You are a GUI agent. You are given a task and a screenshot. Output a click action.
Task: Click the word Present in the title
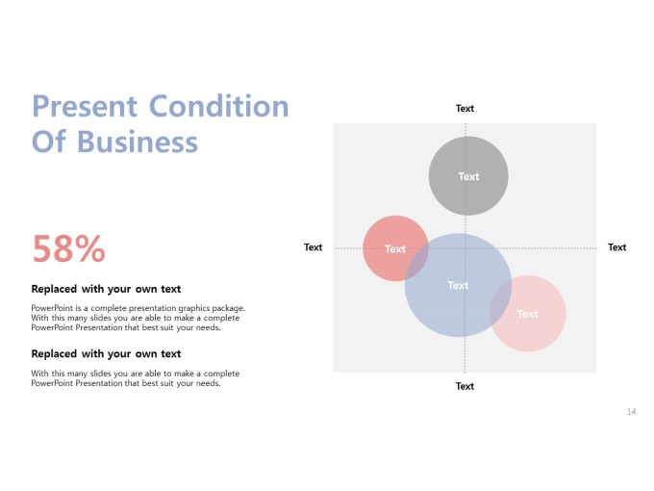[x=85, y=106]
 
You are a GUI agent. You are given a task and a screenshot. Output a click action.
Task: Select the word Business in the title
[x=138, y=142]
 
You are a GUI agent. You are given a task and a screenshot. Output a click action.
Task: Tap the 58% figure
[x=69, y=248]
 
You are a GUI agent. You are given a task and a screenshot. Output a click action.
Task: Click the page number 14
[x=631, y=412]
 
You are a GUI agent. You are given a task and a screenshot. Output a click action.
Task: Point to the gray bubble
[x=468, y=176]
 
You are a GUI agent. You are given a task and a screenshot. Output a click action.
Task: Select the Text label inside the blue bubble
[x=458, y=285]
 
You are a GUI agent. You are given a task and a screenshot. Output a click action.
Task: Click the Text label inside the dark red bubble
[x=395, y=248]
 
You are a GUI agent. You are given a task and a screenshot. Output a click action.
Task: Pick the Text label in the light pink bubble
[x=528, y=314]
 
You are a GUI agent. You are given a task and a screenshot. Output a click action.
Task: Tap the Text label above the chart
[x=465, y=108]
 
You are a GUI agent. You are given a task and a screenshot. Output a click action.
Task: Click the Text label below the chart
[x=465, y=386]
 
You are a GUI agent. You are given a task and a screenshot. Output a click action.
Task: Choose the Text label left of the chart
[x=313, y=247]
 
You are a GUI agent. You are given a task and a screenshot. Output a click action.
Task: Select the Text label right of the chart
[x=616, y=247]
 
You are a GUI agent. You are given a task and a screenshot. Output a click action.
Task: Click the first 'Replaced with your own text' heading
[x=106, y=289]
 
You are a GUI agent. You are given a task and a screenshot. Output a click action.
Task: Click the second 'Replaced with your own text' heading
[x=106, y=353]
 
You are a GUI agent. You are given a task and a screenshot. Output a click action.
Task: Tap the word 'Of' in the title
[x=49, y=142]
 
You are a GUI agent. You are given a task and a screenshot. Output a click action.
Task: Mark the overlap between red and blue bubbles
[x=417, y=261]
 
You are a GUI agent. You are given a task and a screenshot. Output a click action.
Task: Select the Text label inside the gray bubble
[x=468, y=176]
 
